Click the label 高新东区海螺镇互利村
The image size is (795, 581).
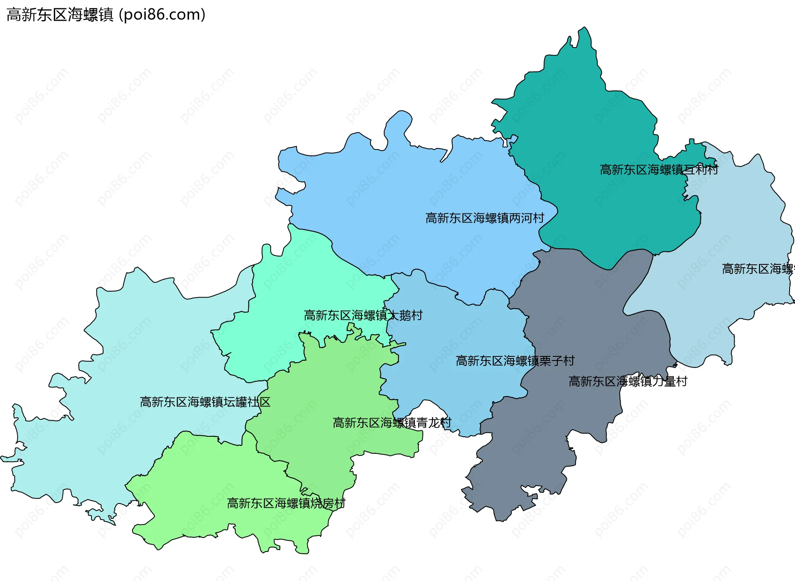coord(659,170)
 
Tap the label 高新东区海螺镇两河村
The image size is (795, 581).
coord(484,218)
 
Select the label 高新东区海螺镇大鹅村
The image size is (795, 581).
coord(363,316)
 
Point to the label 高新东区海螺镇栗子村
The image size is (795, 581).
coord(515,361)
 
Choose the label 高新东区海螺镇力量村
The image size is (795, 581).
coord(628,381)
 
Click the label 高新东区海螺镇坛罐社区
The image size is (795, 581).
coord(205,402)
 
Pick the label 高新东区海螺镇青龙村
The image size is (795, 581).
coord(392,423)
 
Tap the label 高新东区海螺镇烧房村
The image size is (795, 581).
coord(286,504)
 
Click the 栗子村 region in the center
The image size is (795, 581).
coord(447,332)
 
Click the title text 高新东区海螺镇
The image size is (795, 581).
coord(60,15)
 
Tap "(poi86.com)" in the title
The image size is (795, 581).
coord(162,15)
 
